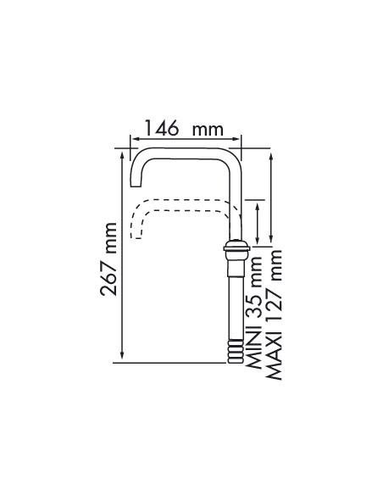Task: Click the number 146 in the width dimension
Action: pos(162,128)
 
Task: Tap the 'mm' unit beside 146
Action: pos(208,130)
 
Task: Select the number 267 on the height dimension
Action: pos(108,276)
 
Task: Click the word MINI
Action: pos(253,350)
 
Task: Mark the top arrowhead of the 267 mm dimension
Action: pos(122,154)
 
